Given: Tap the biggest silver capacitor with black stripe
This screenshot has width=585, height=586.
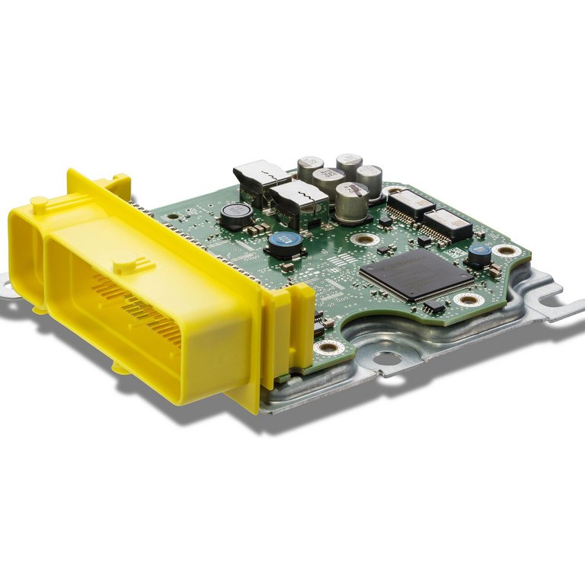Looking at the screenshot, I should coord(351,202).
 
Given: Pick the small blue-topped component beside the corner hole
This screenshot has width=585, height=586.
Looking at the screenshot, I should coord(478,255).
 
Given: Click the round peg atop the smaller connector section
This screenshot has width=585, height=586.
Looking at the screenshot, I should coord(36,203).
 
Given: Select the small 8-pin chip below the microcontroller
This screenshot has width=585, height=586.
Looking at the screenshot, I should coord(434,306).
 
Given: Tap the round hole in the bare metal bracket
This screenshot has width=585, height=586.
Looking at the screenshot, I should coord(386,359).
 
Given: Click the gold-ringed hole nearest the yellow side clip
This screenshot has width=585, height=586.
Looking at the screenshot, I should coord(329,347).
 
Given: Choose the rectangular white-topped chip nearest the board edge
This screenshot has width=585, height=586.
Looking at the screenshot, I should coord(447,223).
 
